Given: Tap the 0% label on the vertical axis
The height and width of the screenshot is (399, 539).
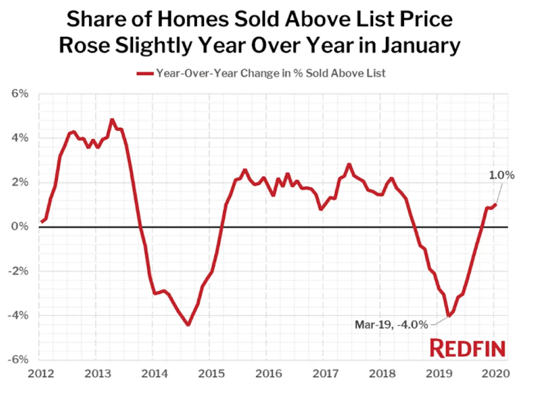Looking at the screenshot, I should [21, 227].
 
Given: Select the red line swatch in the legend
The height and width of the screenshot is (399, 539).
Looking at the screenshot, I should [145, 74].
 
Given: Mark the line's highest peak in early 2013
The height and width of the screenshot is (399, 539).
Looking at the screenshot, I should [112, 120].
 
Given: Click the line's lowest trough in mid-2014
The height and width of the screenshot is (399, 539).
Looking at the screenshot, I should [188, 324].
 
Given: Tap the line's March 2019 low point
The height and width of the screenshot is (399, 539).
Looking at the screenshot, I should [449, 315].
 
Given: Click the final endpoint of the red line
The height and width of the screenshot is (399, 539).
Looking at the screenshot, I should [496, 204].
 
